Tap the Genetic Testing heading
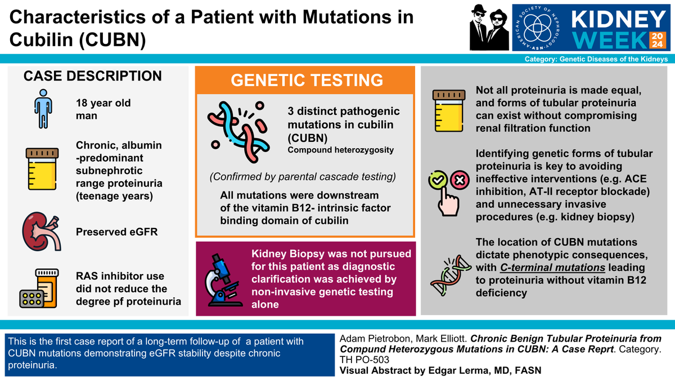tap(305, 81)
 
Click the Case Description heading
tap(92, 76)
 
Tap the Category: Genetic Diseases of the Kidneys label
tap(596, 59)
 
